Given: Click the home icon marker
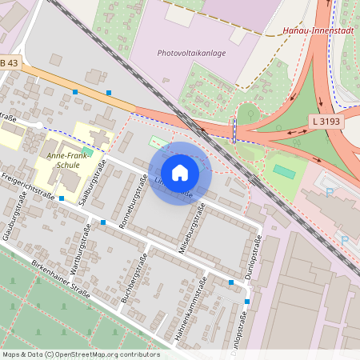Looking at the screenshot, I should [x=180, y=173].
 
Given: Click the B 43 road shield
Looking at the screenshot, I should [x=9, y=63].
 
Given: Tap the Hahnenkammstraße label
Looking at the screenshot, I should [x=195, y=310].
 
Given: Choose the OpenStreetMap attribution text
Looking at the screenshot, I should [x=80, y=354].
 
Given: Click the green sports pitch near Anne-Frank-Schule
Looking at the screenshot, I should [x=87, y=153].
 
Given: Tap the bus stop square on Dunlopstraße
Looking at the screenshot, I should [x=246, y=302].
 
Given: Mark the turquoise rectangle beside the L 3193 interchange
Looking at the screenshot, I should [x=283, y=171].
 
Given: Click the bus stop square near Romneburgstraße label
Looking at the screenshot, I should [x=103, y=222].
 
